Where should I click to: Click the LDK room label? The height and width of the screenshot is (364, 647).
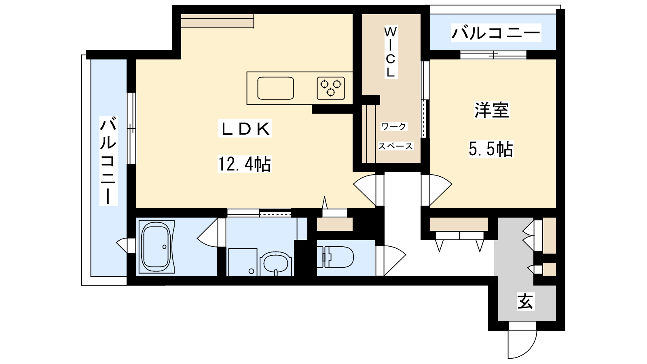click(x=245, y=129)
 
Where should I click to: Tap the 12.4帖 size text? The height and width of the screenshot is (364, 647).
click(x=244, y=164)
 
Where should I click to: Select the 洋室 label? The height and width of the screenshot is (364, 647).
click(x=492, y=110)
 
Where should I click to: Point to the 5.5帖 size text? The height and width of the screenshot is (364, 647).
click(x=491, y=149)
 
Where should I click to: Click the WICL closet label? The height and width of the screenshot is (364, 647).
click(x=391, y=52)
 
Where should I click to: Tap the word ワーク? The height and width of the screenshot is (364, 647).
click(x=394, y=126)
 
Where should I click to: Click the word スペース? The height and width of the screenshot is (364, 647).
click(x=395, y=146)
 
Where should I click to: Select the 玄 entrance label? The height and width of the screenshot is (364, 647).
click(x=525, y=301)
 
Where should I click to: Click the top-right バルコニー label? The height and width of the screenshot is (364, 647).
click(x=496, y=33)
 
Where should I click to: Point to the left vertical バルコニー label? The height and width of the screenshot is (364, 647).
click(x=108, y=161)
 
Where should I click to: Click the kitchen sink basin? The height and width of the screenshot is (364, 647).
click(x=275, y=88)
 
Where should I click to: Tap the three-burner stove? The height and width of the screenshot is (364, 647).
click(x=331, y=88)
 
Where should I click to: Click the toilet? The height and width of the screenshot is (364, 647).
click(x=336, y=257)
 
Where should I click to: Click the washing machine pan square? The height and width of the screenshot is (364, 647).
click(x=243, y=262)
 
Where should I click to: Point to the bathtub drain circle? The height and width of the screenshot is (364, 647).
click(x=164, y=247)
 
